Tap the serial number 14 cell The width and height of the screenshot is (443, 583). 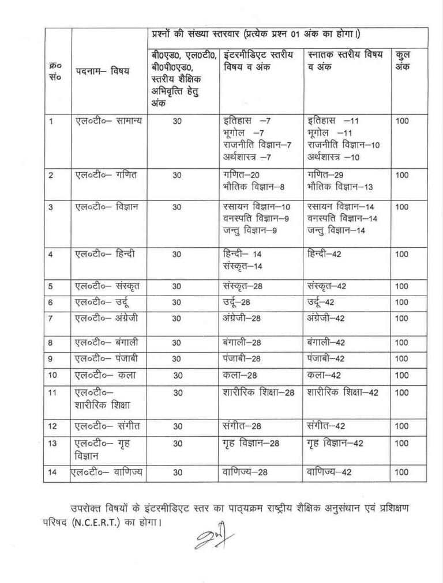pos(52,472)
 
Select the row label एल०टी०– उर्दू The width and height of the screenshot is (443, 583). pos(104,302)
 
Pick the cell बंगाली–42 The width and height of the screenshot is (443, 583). pos(326,343)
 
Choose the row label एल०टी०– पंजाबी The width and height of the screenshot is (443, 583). pos(106,358)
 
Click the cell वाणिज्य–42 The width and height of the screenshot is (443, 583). pos(328,472)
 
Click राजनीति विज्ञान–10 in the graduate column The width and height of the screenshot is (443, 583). pos(344,145)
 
